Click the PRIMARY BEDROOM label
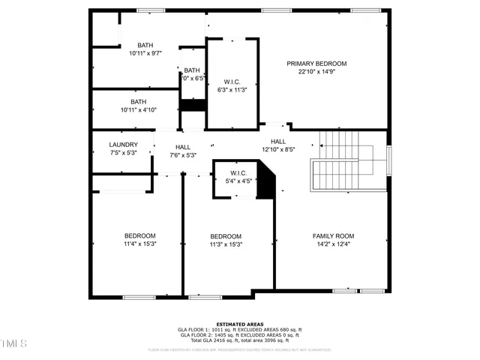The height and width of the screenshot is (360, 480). click(x=316, y=64)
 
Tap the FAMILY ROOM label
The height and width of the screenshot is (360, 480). click(x=333, y=235)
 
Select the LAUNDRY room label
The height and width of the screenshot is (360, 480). click(x=123, y=145)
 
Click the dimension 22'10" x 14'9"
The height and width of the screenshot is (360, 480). click(x=316, y=72)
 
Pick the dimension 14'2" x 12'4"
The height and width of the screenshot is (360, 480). click(x=333, y=244)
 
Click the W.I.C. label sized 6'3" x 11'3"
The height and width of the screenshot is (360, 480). click(x=232, y=81)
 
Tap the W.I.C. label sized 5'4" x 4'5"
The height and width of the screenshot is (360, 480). click(x=240, y=172)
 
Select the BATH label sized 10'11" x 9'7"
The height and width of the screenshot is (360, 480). click(x=145, y=45)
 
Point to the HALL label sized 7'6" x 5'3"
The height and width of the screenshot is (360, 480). click(x=183, y=147)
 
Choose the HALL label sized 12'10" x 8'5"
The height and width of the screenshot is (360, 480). click(x=278, y=141)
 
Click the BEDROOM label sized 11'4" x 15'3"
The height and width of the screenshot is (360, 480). click(x=139, y=235)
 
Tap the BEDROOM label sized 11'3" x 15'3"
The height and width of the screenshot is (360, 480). click(x=225, y=235)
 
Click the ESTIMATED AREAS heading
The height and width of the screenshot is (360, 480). click(x=240, y=324)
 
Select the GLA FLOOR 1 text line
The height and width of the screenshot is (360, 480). click(x=240, y=330)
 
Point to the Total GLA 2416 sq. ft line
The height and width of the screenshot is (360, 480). click(x=240, y=341)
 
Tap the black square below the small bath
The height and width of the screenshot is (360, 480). click(x=193, y=105)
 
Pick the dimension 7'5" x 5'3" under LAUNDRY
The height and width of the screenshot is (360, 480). click(x=123, y=153)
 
